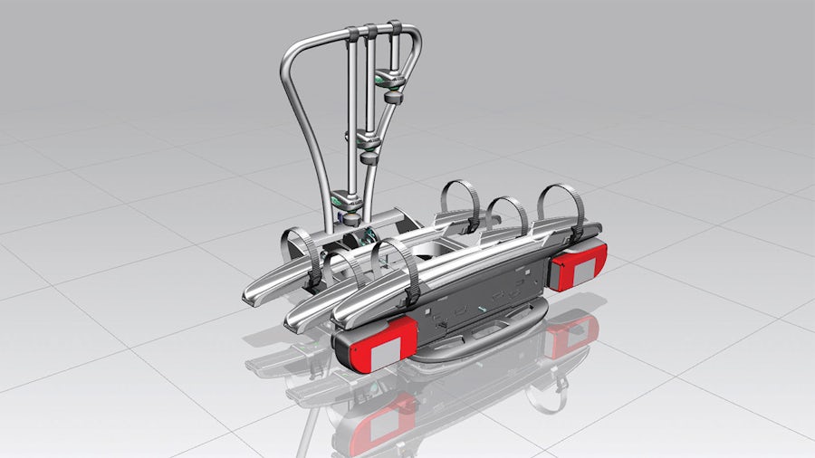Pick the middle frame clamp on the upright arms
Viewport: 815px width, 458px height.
pyautogui.click(x=367, y=139)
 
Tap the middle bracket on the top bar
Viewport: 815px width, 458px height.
pyautogui.click(x=370, y=32)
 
